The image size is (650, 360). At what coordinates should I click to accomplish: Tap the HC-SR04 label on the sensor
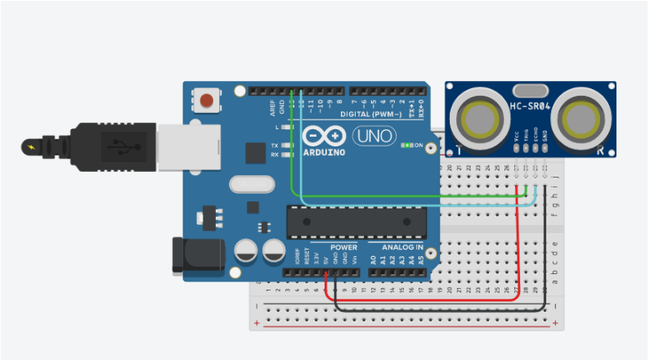coord(531,107)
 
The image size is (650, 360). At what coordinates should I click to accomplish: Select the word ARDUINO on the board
coord(325,152)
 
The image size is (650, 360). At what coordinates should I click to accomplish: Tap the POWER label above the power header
coord(344,247)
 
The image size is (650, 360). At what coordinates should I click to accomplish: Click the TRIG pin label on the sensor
coord(527,138)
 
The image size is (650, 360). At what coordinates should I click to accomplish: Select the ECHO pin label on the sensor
coord(536,137)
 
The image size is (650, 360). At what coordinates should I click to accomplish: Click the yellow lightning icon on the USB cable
coord(32,147)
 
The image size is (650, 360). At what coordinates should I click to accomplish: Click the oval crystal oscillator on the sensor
coord(527,90)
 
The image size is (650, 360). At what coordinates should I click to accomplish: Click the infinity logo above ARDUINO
coord(324,135)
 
